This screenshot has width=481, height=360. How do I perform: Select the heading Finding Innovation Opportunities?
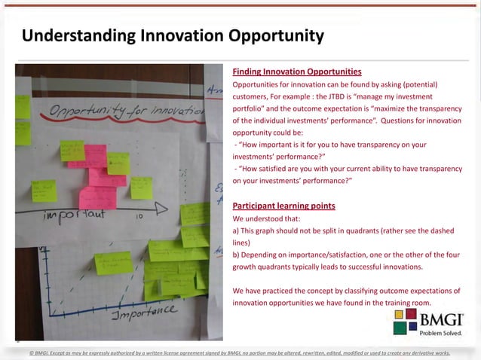[x=297, y=72]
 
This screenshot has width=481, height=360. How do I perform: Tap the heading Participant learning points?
[x=284, y=206]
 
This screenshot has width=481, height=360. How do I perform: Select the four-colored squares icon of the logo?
[x=405, y=322]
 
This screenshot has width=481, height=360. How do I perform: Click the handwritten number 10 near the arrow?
[x=139, y=216]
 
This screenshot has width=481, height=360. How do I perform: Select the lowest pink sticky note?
[x=97, y=198]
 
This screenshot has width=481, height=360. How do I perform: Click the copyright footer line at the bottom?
[x=240, y=352]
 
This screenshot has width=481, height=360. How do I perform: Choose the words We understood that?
[x=265, y=218]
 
